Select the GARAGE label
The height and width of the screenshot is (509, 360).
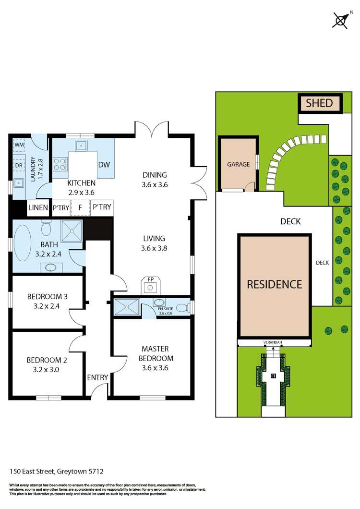coord(238,164)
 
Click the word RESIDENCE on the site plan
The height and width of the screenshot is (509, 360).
coord(274,284)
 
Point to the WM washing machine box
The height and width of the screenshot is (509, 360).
coord(20,144)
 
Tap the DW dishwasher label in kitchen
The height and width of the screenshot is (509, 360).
coord(104,165)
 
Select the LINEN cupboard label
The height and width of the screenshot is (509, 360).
coord(38,207)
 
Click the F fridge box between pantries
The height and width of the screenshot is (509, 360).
coord(80,207)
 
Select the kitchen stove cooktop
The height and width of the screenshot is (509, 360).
coord(60,165)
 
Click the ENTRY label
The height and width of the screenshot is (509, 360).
coord(97,377)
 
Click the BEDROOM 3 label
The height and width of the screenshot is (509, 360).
coord(47,297)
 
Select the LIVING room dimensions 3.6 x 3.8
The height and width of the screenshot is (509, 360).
coord(154,248)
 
